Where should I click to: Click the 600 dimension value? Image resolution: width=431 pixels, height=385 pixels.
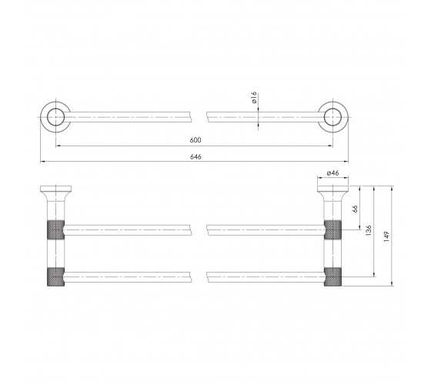click(195, 140)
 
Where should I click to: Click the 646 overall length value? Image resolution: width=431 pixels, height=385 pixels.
click(195, 157)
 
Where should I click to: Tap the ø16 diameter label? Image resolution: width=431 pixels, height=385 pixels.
click(254, 97)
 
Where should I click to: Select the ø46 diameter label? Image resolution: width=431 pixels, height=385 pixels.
click(332, 173)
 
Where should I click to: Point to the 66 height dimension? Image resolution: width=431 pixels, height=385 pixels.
click(355, 209)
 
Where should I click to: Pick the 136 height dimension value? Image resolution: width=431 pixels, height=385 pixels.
click(369, 230)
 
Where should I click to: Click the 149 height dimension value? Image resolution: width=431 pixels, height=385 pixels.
click(386, 236)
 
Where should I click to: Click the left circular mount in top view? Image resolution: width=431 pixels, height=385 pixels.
click(41, 117)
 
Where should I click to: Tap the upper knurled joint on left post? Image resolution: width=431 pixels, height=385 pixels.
click(55, 229)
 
